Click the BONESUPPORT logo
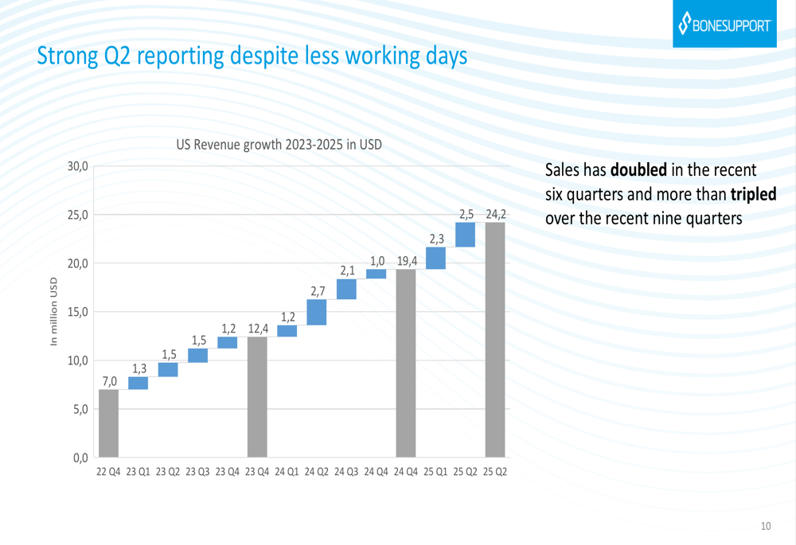click(x=724, y=24)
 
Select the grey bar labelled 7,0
click(x=108, y=423)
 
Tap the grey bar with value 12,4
click(x=257, y=397)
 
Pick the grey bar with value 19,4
click(x=406, y=363)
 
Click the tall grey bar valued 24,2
click(x=495, y=340)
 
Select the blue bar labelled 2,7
click(x=317, y=312)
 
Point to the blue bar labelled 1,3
click(x=138, y=383)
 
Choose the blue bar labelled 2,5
click(x=466, y=235)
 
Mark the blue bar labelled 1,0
click(x=377, y=274)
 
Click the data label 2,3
click(x=436, y=238)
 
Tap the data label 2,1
click(x=347, y=271)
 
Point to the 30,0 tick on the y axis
click(x=77, y=166)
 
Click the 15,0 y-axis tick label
click(x=77, y=312)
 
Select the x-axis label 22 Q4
click(x=108, y=472)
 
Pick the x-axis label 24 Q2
click(x=317, y=472)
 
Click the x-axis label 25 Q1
click(x=436, y=472)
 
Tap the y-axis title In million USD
click(x=54, y=312)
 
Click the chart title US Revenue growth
click(x=279, y=145)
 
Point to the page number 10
click(x=766, y=526)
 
